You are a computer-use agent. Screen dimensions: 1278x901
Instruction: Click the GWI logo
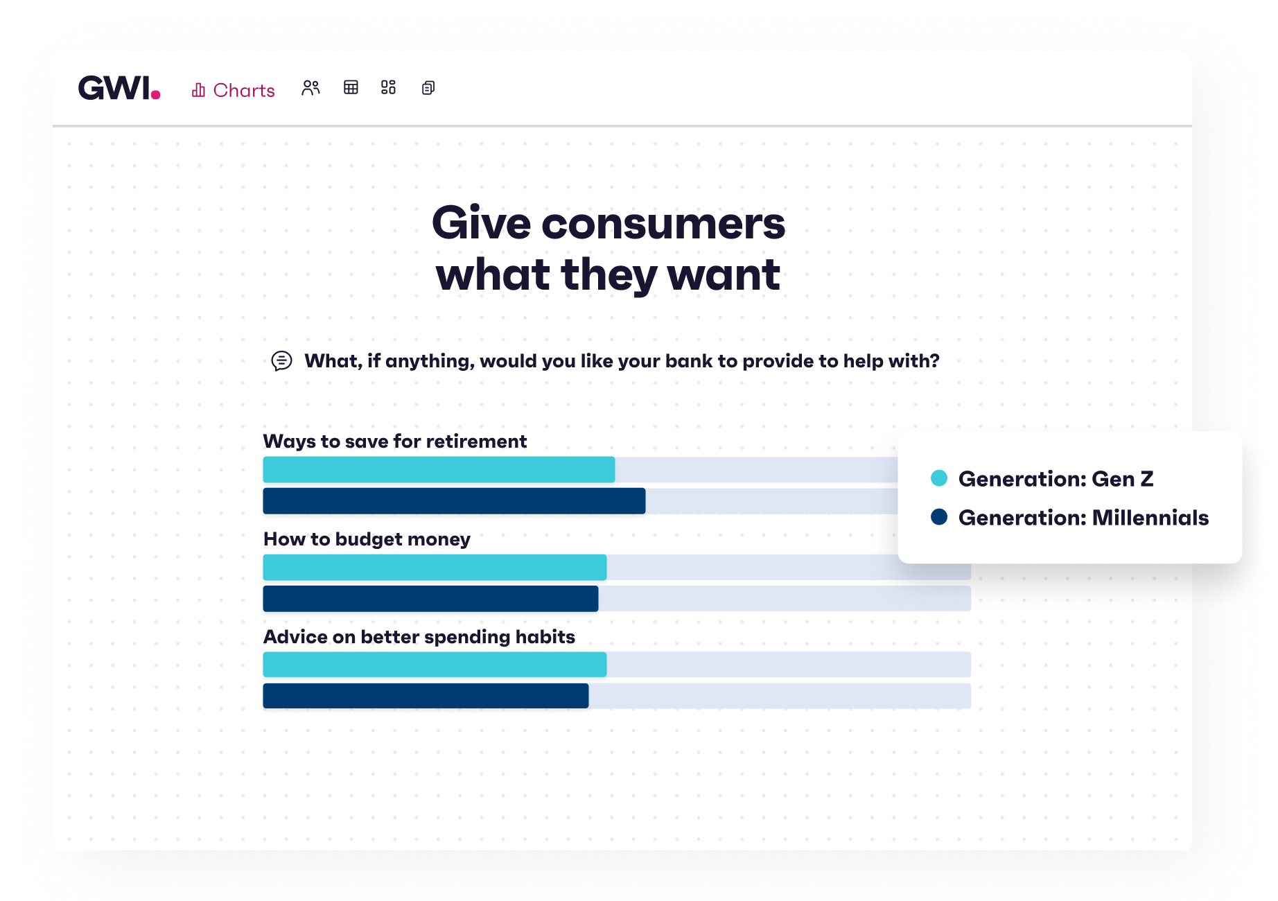coord(119,88)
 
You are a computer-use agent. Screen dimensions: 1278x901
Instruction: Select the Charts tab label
coord(244,90)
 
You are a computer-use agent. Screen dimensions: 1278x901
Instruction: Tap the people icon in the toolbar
coord(310,88)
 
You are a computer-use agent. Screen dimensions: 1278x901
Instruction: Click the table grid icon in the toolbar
coord(351,87)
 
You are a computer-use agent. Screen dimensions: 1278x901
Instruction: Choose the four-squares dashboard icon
coord(388,87)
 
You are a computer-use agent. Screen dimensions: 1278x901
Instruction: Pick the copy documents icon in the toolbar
coord(428,88)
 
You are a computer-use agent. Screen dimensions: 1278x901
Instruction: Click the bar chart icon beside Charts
coord(198,90)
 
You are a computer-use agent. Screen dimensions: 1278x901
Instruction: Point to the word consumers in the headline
coord(663,224)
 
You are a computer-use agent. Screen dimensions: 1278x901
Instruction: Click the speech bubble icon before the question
coord(281,361)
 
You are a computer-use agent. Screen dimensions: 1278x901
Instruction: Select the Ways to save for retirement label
coord(395,441)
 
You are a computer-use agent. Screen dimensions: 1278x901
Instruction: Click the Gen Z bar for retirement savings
coord(439,470)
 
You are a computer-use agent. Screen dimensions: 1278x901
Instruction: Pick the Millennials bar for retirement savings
coord(454,501)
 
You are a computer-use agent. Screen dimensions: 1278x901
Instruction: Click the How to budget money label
coord(367,539)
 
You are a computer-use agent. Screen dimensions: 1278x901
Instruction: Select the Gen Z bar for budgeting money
coord(435,568)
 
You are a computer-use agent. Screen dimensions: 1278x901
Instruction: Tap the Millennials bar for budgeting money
coord(430,599)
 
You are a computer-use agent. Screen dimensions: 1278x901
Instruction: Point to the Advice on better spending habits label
coord(419,637)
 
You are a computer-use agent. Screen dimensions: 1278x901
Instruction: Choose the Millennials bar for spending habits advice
coord(426,696)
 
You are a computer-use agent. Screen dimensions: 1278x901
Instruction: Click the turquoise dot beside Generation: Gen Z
coord(939,478)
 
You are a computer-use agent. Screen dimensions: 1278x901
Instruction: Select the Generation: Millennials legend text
coord(1083,518)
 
